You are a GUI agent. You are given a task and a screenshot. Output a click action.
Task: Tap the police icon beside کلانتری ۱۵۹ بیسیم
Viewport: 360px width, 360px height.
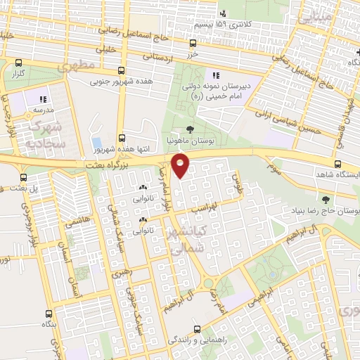click(223, 13)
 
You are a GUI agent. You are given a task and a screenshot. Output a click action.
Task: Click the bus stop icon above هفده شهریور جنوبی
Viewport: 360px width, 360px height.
click(122, 70)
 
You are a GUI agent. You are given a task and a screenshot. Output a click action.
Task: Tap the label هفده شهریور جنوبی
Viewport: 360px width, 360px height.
click(119, 82)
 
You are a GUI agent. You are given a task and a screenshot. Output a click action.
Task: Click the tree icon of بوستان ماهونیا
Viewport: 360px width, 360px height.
click(190, 128)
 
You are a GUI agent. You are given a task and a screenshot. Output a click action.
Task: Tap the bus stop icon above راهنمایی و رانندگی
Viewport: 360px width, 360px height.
click(198, 327)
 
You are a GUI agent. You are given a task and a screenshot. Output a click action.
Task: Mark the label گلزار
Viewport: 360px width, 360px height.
click(18, 74)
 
